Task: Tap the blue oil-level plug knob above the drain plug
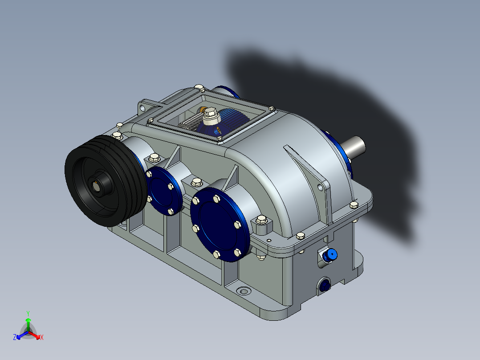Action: click(331, 255)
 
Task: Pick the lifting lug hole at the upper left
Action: click(142, 108)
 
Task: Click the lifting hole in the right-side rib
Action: click(319, 188)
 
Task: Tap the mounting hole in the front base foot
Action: click(243, 291)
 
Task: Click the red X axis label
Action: click(41, 338)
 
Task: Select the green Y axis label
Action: click(28, 313)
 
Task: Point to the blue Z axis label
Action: click(15, 337)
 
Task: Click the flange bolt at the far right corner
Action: click(354, 205)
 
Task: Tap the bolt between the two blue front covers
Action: click(196, 181)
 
